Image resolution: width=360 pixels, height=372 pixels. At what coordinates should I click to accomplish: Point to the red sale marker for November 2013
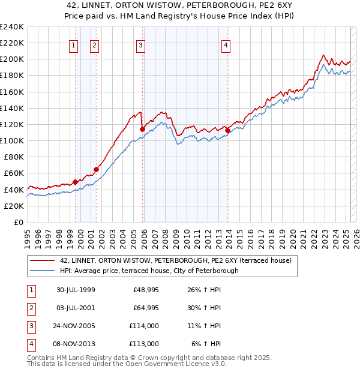pos(227,130)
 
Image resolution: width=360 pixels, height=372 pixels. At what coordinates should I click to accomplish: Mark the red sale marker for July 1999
pos(76,182)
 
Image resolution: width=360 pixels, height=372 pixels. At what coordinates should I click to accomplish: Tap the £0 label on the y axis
pos(19,222)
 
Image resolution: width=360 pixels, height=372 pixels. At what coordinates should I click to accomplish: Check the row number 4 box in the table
pos(30,344)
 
